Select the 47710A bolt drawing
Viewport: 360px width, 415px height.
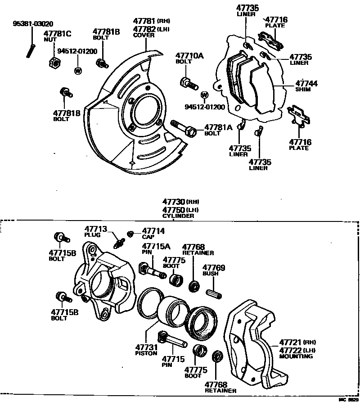[189, 84]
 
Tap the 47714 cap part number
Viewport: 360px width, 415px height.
[154, 231]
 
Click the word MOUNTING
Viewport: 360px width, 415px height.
[296, 356]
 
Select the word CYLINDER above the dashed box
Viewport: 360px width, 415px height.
[179, 216]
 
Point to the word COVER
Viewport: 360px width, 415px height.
[144, 35]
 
